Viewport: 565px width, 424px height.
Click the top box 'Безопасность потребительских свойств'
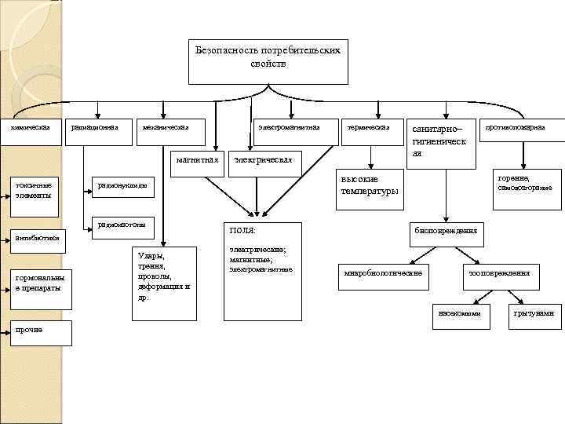(268, 60)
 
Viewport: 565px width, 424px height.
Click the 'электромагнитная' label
(290, 127)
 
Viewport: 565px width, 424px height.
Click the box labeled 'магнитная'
(195, 159)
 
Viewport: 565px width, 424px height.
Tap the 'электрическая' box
(264, 160)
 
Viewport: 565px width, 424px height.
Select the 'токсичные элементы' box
(34, 189)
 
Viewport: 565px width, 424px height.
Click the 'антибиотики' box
(35, 237)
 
